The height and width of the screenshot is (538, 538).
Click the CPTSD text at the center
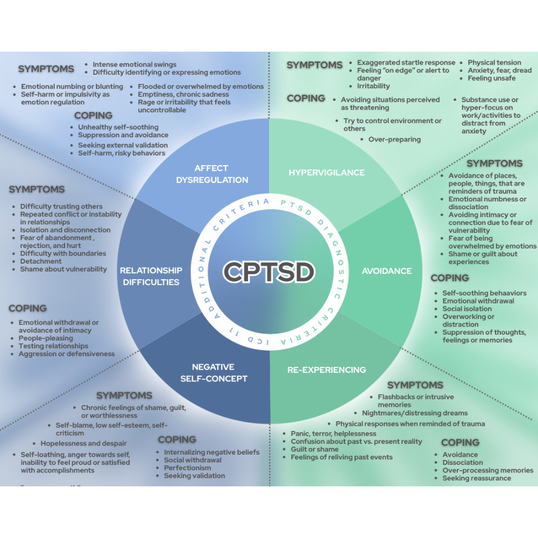268,272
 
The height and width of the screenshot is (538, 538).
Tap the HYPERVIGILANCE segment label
327,173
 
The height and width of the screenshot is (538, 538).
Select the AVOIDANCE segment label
387,271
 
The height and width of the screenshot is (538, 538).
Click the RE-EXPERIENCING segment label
327,370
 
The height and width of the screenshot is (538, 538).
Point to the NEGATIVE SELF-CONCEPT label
214,373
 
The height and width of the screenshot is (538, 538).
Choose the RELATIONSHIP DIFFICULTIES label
151,276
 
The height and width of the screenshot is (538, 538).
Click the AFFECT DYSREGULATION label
212,174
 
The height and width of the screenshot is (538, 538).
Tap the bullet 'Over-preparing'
394,139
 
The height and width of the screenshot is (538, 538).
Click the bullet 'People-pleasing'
46,338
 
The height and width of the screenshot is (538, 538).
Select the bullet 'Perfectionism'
187,468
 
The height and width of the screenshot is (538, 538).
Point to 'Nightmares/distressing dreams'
415,413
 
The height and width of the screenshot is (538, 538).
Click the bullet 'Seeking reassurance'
477,478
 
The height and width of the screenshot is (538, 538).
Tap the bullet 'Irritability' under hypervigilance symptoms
373,86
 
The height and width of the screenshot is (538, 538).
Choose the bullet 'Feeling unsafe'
492,78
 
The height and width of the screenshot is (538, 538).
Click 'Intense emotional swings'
134,65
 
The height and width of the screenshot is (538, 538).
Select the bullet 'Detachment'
41,261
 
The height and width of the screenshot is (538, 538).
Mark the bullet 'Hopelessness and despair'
84,443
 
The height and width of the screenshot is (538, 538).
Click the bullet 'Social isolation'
467,309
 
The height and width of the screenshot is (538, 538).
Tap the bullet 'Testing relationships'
53,346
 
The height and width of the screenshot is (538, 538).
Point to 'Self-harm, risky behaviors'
122,153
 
